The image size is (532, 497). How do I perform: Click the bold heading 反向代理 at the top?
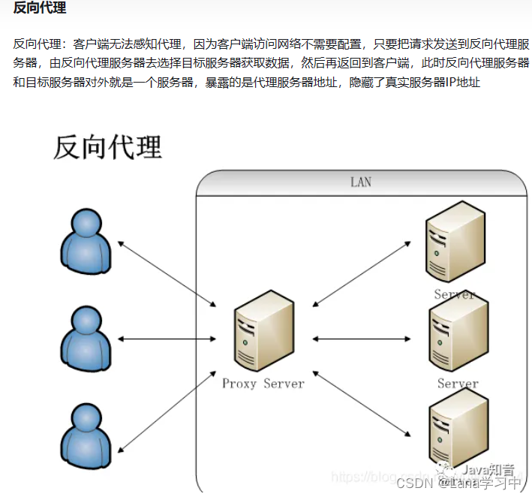coord(39,9)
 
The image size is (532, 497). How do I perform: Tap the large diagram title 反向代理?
coord(107,146)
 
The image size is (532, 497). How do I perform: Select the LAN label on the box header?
coord(360,182)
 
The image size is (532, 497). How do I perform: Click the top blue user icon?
coord(86,241)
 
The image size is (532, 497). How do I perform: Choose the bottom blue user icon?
coord(86,436)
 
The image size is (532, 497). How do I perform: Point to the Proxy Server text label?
coord(263,384)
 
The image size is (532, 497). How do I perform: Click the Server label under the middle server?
coord(458,384)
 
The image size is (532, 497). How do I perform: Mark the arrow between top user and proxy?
coord(167,273)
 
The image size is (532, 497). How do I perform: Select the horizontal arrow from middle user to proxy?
coord(167,339)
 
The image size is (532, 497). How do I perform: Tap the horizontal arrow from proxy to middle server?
coord(362,339)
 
